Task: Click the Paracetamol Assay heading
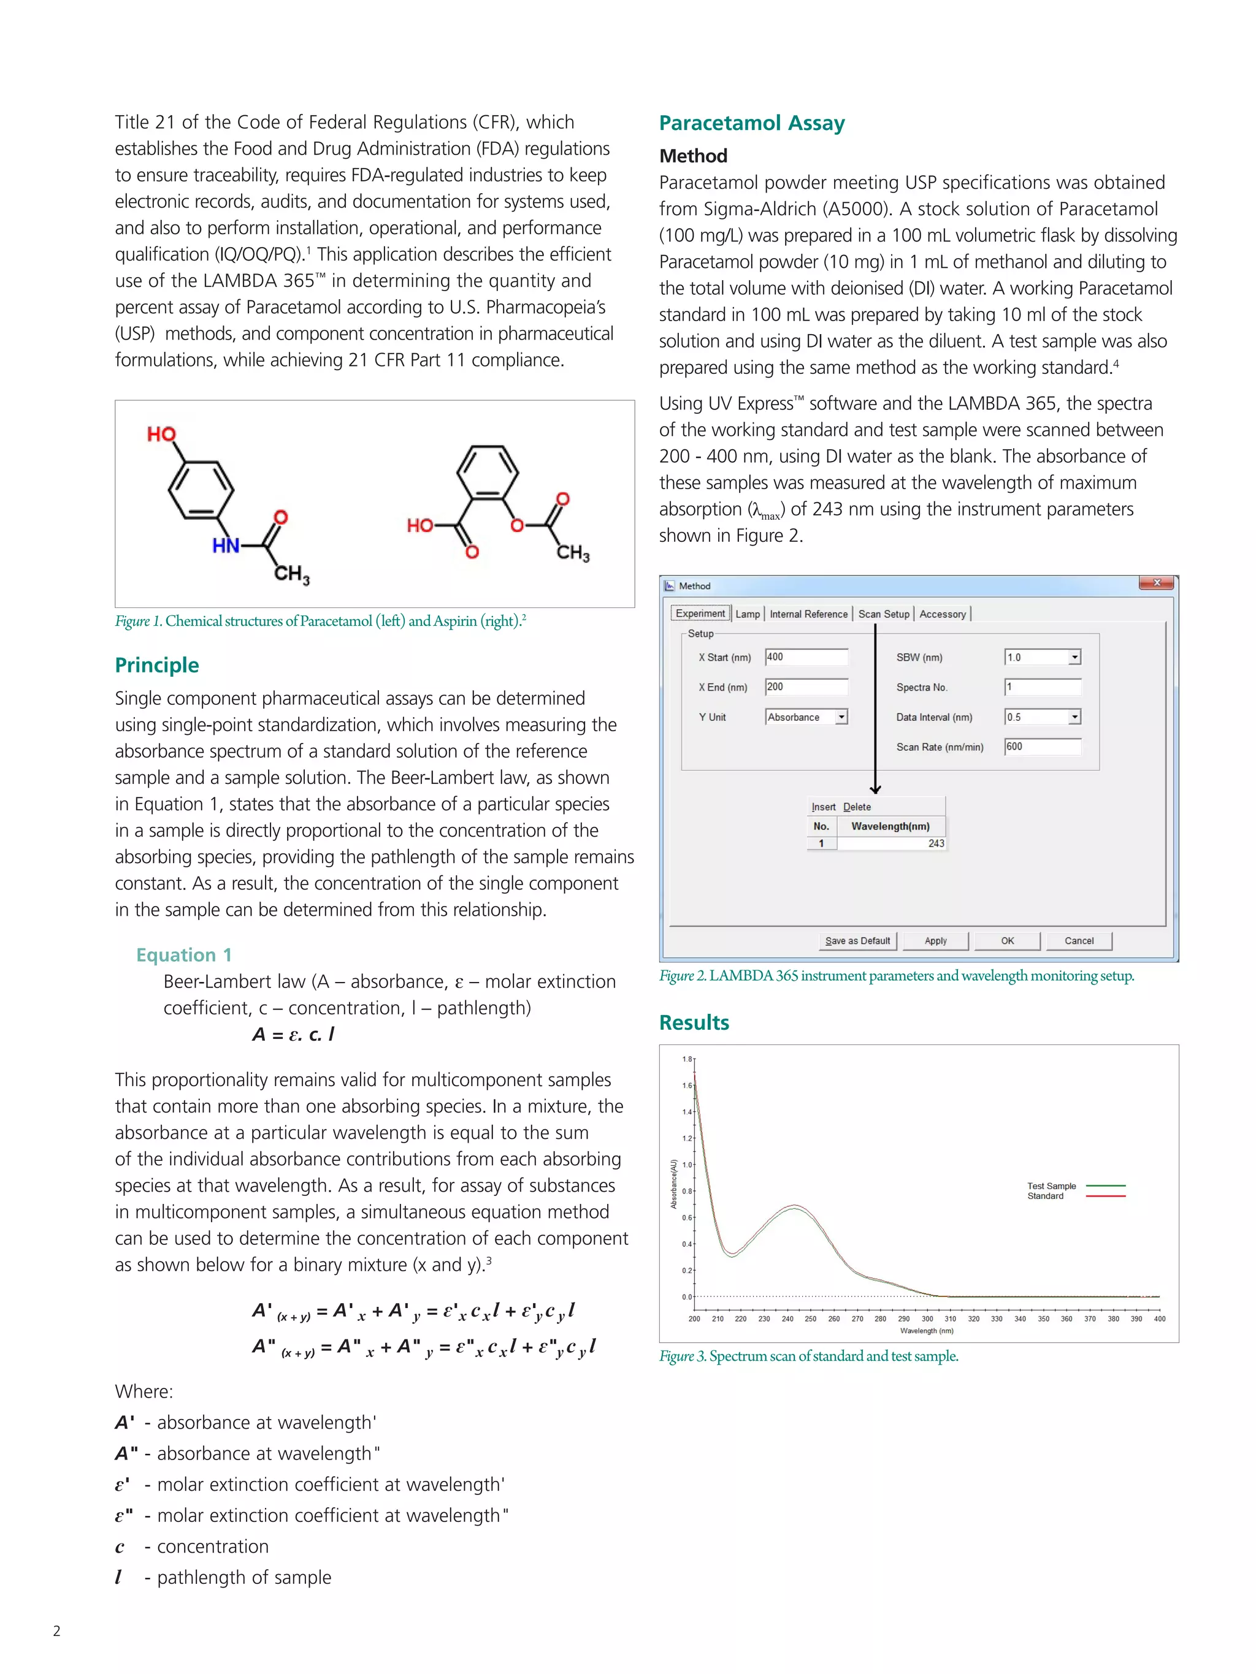[x=751, y=123]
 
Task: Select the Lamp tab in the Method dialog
[x=747, y=614]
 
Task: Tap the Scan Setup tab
[x=883, y=614]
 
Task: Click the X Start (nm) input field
[x=806, y=657]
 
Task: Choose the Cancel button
[x=1078, y=941]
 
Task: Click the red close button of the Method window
[x=1156, y=583]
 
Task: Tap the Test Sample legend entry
[x=1051, y=1186]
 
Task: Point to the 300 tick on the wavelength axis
[x=927, y=1319]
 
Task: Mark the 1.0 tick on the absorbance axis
[x=687, y=1165]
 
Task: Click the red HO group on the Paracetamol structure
[x=161, y=435]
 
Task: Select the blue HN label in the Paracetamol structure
[x=226, y=546]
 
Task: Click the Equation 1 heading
[x=184, y=955]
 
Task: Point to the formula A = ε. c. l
[x=293, y=1035]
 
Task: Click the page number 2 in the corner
[x=57, y=1631]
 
